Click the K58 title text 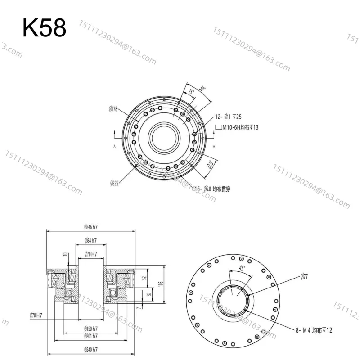[x=45, y=28]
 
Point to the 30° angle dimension [x=202, y=89]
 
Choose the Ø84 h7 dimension [x=91, y=241]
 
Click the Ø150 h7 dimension [x=91, y=328]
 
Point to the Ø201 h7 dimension [x=91, y=336]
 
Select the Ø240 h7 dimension [x=91, y=350]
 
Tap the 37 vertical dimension [x=149, y=294]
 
